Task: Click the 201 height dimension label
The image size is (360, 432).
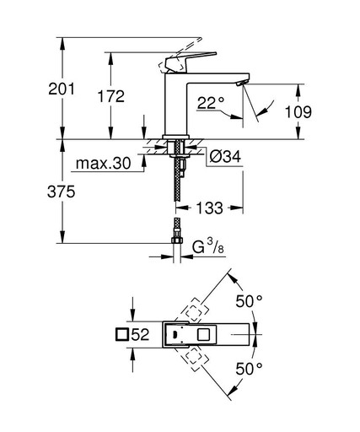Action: point(62,89)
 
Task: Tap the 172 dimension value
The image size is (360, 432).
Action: point(110,96)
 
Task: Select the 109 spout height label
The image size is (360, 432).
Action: point(298,111)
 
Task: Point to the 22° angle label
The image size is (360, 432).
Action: point(211,103)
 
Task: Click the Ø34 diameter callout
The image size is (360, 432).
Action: point(225,156)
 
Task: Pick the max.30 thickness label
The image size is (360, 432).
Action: point(103,163)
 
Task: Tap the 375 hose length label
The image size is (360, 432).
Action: point(61,192)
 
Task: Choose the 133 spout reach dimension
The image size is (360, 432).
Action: point(209,208)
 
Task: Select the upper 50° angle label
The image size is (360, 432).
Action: point(249,301)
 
